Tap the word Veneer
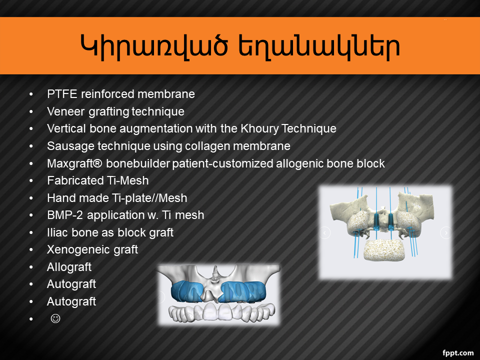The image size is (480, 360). pyautogui.click(x=65, y=111)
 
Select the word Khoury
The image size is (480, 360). pyautogui.click(x=259, y=128)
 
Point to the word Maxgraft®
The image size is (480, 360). pyautogui.click(x=74, y=163)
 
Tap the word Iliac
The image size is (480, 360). pyautogui.click(x=57, y=232)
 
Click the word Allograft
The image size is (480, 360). pyautogui.click(x=69, y=267)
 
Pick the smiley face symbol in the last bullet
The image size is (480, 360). pyautogui.click(x=55, y=318)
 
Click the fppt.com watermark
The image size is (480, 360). pyautogui.click(x=458, y=353)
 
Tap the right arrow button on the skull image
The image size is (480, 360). pyautogui.click(x=446, y=232)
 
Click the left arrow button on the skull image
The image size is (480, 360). pyautogui.click(x=325, y=232)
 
